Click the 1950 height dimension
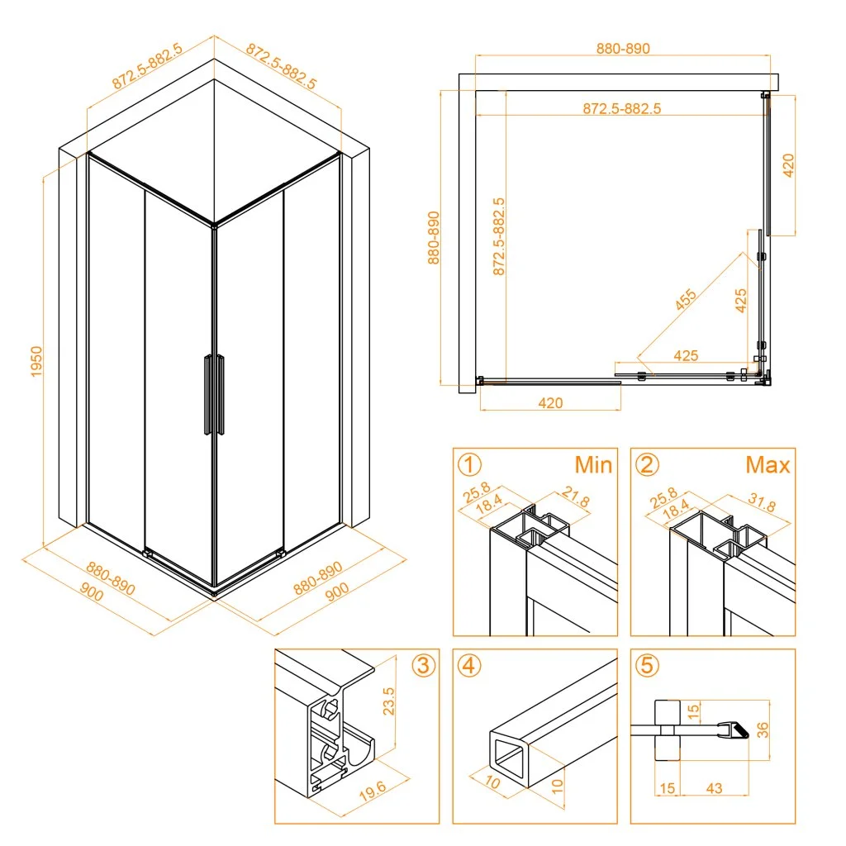[x=36, y=362]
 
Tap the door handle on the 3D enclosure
[x=214, y=394]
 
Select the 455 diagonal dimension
[x=686, y=300]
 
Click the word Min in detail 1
[x=593, y=464]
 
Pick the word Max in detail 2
[x=768, y=464]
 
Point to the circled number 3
[x=424, y=665]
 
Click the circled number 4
[x=469, y=665]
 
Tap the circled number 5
[x=647, y=665]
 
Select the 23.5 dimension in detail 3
[x=388, y=701]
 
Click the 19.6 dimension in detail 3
[x=373, y=791]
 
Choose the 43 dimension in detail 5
[x=714, y=788]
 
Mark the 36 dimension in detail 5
[x=762, y=730]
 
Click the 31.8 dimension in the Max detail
[x=762, y=503]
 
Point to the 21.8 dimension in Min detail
[x=576, y=497]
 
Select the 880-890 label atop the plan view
[x=623, y=49]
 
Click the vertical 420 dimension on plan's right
[x=788, y=165]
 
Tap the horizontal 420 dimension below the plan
[x=550, y=403]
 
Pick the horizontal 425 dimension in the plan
[x=686, y=355]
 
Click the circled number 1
[x=469, y=464]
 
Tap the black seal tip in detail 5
[x=742, y=732]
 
